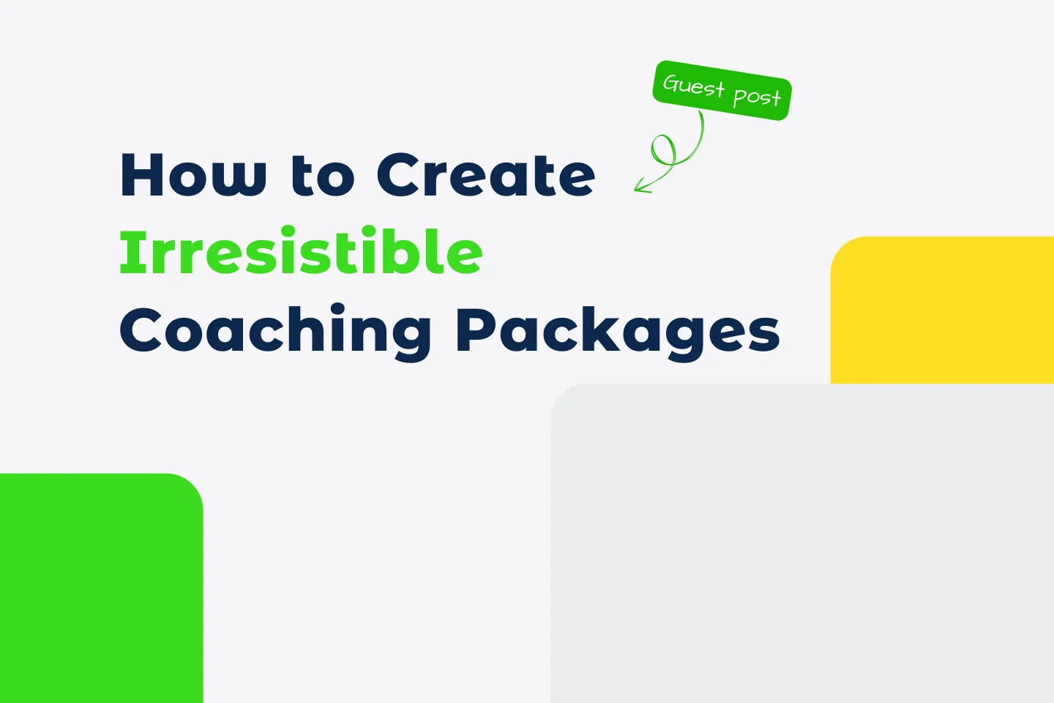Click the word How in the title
193,175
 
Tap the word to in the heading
322,176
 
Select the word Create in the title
486,175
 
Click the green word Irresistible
301,252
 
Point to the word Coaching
275,331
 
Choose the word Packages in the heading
618,331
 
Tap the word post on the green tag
757,96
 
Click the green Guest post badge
722,90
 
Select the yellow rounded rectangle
942,310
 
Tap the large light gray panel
801,543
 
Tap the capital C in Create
400,175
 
